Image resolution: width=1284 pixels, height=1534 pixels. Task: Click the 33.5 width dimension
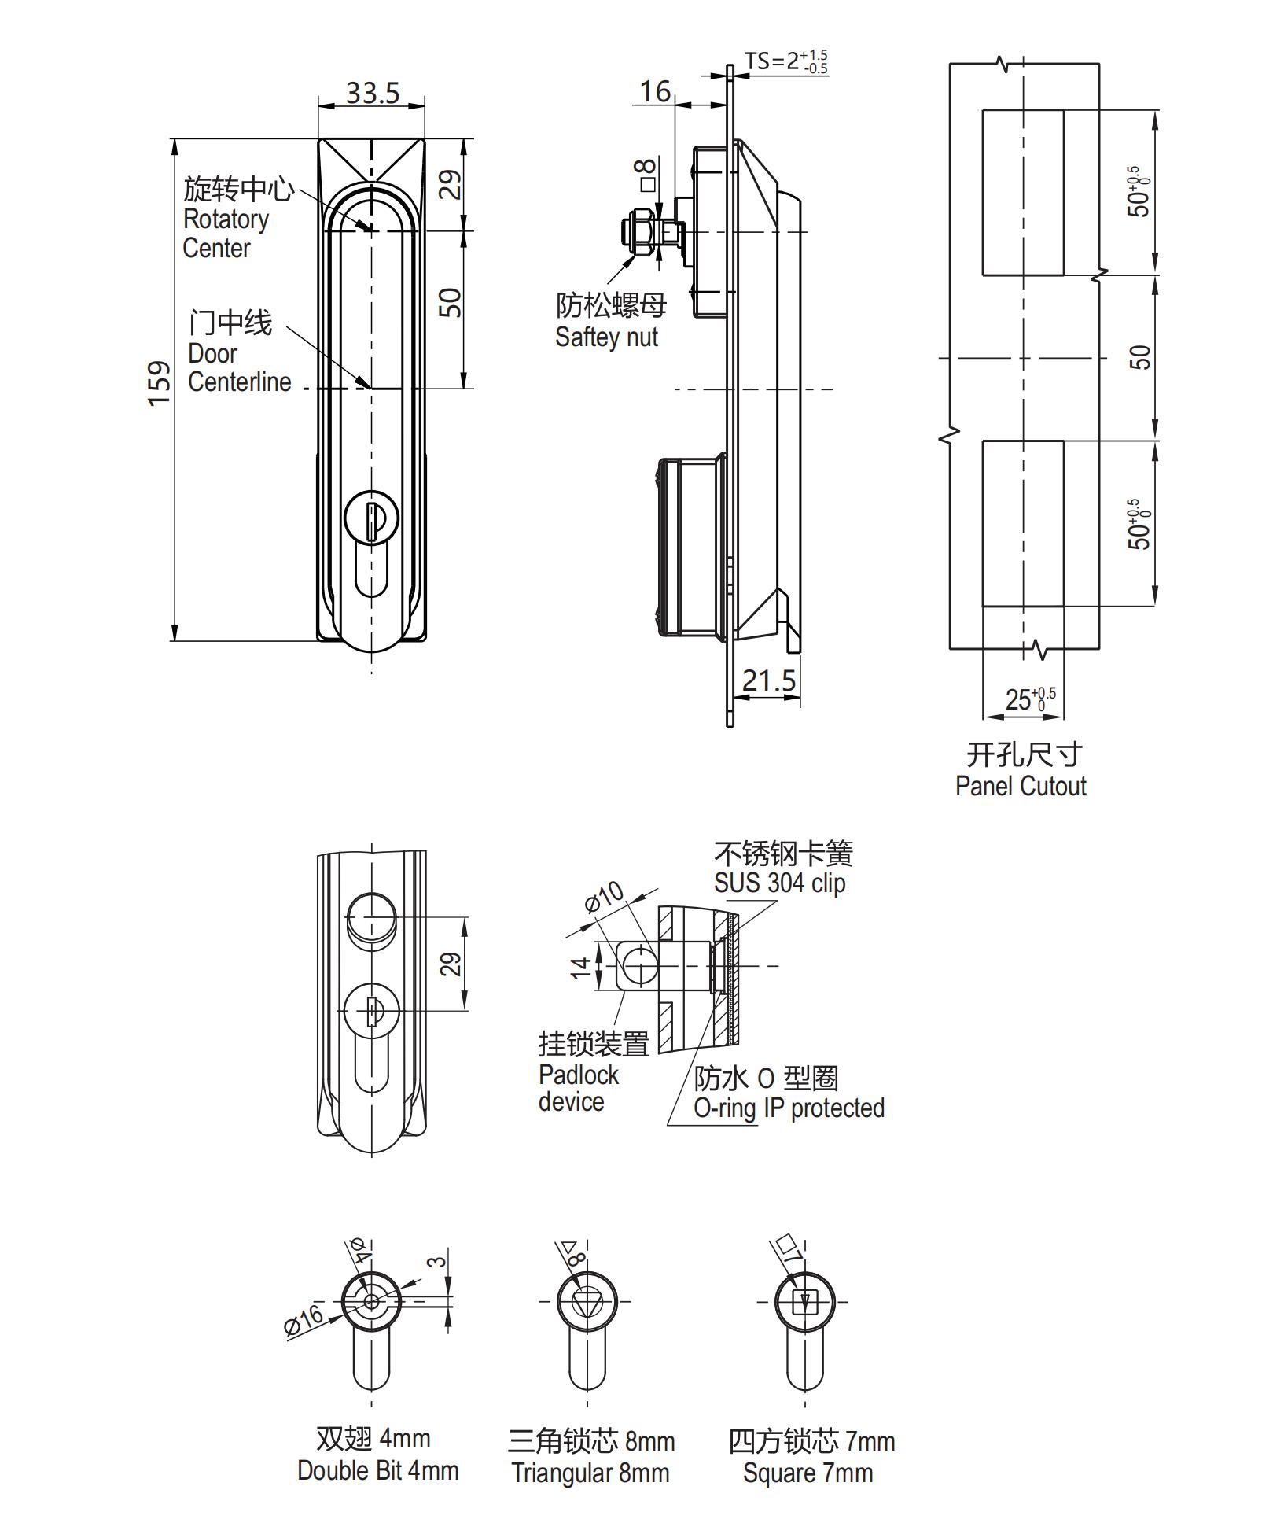tap(373, 93)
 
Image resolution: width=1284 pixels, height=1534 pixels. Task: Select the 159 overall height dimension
tap(160, 383)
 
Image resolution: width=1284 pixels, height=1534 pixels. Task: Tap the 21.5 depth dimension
tap(768, 680)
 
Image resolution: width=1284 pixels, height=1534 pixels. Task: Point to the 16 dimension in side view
tap(654, 91)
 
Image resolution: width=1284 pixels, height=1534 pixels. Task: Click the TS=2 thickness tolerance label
tap(785, 61)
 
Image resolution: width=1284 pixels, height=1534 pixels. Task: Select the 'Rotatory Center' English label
tap(225, 233)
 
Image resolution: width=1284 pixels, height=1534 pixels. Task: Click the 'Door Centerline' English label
tap(238, 367)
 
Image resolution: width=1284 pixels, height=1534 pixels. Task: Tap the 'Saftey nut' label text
tap(606, 337)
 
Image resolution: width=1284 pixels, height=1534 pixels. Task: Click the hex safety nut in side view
tap(636, 232)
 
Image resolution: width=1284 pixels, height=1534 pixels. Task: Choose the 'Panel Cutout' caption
tap(1020, 786)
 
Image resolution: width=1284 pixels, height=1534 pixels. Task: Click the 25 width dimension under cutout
tap(1028, 699)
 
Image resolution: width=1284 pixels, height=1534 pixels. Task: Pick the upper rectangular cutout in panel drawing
tap(1022, 193)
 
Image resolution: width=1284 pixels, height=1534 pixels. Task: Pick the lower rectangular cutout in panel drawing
tap(1022, 524)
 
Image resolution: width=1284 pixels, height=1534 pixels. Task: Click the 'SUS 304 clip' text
tap(779, 883)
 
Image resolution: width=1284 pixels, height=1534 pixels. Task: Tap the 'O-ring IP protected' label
tap(789, 1108)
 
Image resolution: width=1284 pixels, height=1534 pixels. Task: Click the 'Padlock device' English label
tap(578, 1088)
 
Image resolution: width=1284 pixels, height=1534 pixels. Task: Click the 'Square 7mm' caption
tap(808, 1473)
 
